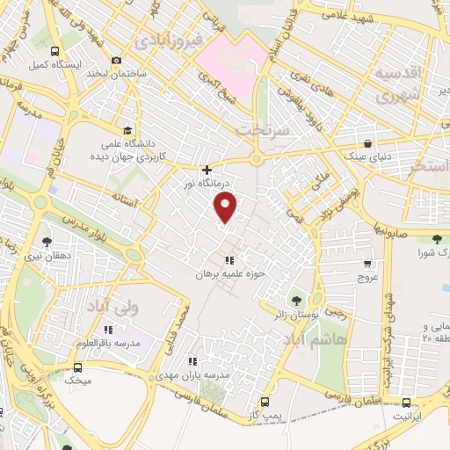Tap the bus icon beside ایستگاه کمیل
click(x=55, y=51)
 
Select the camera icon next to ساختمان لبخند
click(x=117, y=60)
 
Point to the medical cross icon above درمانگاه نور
click(x=207, y=170)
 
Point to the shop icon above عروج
click(x=367, y=263)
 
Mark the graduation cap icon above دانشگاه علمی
click(x=129, y=131)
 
